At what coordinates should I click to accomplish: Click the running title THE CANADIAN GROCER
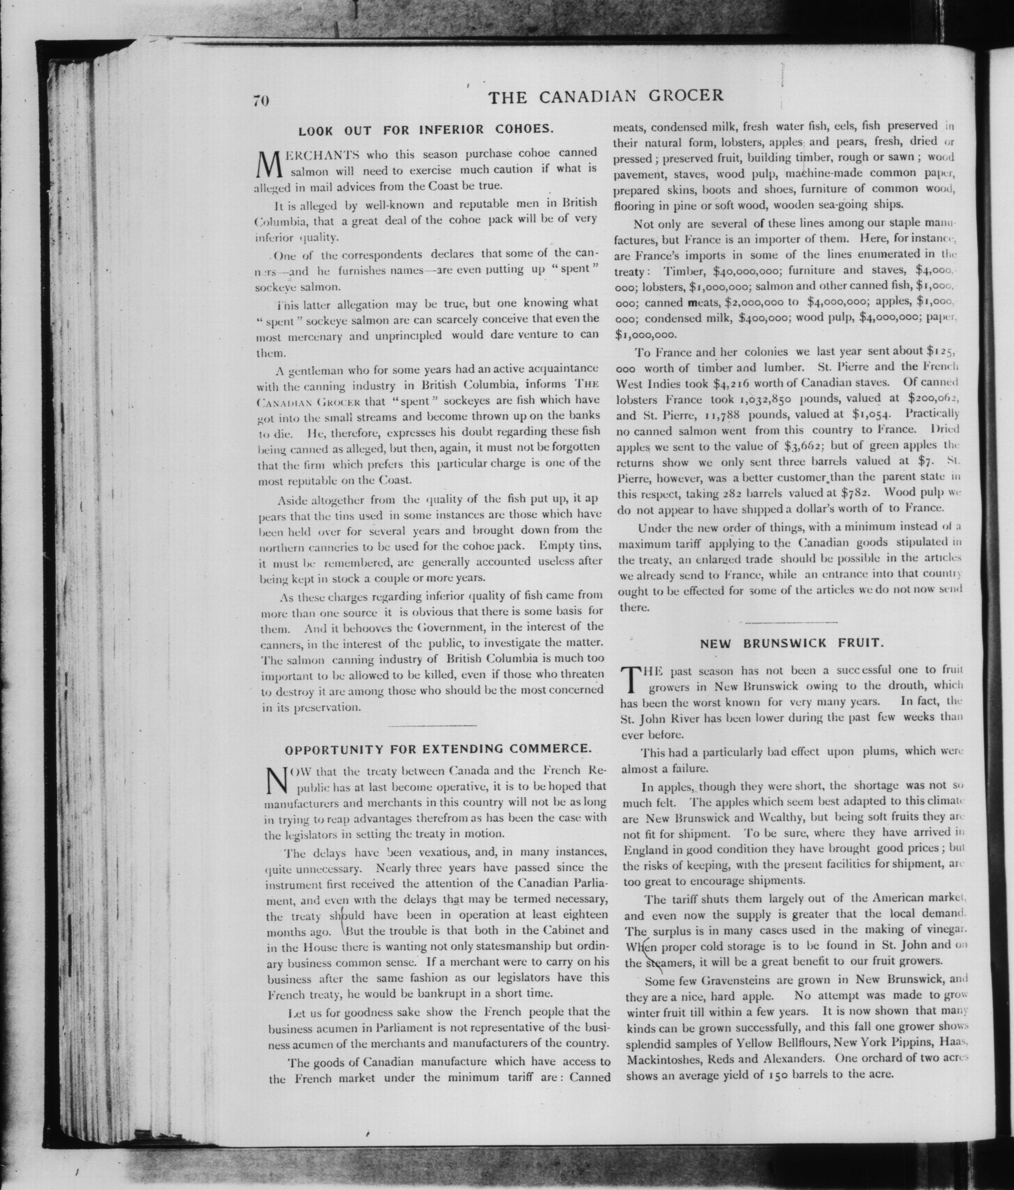606,96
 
